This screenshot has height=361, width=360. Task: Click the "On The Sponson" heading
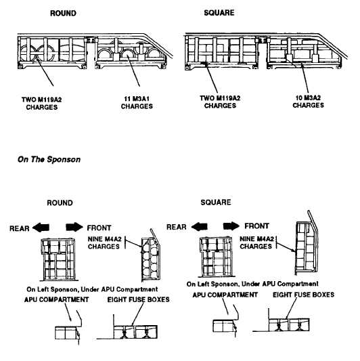point(49,159)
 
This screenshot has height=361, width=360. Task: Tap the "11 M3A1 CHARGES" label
point(137,103)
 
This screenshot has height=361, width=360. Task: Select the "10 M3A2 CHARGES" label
point(308,102)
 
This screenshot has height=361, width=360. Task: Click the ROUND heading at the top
point(63,13)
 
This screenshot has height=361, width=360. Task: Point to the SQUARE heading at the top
point(219,12)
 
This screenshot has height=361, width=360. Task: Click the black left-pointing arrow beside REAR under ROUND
point(41,228)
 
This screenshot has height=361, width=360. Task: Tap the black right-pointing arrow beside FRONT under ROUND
point(74,227)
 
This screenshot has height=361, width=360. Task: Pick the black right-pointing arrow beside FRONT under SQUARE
point(231,226)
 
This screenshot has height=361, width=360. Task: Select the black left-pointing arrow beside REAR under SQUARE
point(199,226)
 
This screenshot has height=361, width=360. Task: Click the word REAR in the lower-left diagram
point(20,228)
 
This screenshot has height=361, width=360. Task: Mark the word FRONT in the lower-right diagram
point(256,226)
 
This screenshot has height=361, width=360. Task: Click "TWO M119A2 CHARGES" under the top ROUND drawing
point(42,104)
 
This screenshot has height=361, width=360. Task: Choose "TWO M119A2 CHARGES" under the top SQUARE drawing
point(220,102)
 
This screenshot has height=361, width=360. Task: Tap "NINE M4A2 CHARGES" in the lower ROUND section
point(105,242)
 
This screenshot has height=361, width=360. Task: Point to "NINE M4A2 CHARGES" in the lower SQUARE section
point(256,242)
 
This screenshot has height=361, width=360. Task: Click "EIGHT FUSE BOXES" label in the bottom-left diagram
point(139,299)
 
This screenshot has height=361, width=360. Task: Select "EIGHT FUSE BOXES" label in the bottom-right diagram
point(303,295)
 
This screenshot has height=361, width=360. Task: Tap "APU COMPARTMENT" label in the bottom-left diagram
point(57,299)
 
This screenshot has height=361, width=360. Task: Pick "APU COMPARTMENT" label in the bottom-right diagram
point(225,295)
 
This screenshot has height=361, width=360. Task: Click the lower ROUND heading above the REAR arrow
point(60,203)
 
